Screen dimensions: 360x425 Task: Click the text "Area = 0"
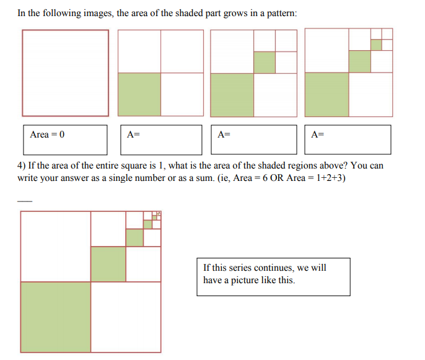[47, 134]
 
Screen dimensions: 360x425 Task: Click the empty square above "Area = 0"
[65, 72]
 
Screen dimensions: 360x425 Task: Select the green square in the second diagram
[139, 94]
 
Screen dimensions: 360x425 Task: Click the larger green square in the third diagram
[232, 94]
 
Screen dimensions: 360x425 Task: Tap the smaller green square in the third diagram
[265, 62]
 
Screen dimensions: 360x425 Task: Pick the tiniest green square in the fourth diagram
[375, 45]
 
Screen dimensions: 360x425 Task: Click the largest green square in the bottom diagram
[55, 317]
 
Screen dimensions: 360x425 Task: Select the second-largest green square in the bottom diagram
[108, 264]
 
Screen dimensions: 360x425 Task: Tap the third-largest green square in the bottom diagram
[134, 237]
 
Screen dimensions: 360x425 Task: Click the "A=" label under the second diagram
[133, 134]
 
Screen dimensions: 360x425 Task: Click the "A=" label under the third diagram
[224, 134]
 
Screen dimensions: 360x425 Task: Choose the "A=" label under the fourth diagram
[318, 134]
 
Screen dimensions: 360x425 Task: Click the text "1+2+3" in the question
[329, 178]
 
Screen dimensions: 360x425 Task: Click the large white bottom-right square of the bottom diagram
[126, 317]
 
